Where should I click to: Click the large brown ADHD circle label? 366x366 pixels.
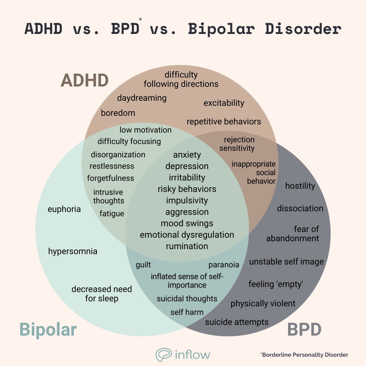tap(84, 80)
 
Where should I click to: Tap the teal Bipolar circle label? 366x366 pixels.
tap(48, 329)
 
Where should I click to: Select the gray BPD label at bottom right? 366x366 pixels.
tap(304, 329)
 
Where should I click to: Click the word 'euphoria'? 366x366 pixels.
tap(64, 209)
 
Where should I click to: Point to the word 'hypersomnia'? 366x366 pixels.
tap(73, 251)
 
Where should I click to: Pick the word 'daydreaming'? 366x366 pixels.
tap(142, 98)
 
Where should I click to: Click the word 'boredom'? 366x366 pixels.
tap(118, 113)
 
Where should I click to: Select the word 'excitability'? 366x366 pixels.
tap(224, 103)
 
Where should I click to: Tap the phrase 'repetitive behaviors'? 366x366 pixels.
tap(224, 122)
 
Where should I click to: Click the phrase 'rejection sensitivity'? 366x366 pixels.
tap(237, 144)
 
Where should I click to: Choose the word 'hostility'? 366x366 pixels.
tap(300, 186)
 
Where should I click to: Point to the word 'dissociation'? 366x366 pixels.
tap(300, 208)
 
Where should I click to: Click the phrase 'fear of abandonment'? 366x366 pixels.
tap(293, 233)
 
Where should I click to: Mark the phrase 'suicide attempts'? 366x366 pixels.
tap(237, 322)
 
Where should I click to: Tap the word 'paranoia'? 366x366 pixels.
tap(224, 265)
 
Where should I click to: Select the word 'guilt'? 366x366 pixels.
tap(143, 265)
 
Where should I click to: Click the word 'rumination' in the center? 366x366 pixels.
tap(187, 246)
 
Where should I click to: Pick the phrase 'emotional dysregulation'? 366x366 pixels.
tap(187, 235)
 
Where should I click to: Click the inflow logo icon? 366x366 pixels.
tap(164, 355)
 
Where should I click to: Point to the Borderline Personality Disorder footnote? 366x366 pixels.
tap(304, 355)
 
